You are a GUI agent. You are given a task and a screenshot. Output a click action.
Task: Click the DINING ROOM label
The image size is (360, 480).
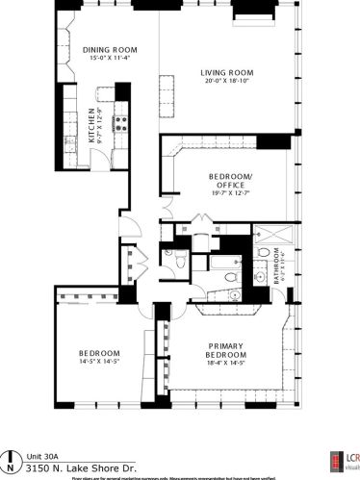[109, 49]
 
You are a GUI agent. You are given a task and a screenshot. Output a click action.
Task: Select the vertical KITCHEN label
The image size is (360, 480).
[92, 125]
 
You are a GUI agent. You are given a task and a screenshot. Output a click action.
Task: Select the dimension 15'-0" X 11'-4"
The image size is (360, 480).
[109, 58]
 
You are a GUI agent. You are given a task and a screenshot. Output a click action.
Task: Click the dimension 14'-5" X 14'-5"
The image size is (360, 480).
[99, 363]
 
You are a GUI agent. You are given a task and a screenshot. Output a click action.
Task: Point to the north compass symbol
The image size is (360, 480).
[11, 457]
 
